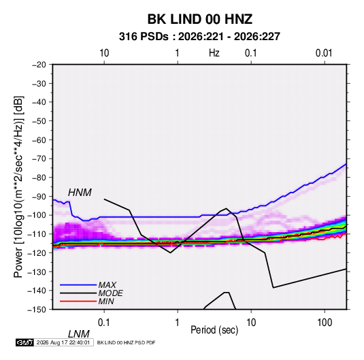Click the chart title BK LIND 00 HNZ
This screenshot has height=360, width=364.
pyautogui.click(x=200, y=19)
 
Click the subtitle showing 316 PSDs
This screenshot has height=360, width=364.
pyautogui.click(x=199, y=37)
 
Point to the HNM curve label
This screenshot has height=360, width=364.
pyautogui.click(x=80, y=193)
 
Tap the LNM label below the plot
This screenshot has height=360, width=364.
pyautogui.click(x=78, y=334)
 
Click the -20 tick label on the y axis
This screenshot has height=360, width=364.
pyautogui.click(x=39, y=65)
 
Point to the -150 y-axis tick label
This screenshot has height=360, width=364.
pyautogui.click(x=37, y=310)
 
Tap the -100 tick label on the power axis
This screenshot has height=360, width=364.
pyautogui.click(x=37, y=215)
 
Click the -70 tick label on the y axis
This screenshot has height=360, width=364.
pyautogui.click(x=39, y=159)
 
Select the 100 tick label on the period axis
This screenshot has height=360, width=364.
pyautogui.click(x=325, y=322)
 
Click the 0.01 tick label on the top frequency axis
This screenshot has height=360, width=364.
pyautogui.click(x=324, y=53)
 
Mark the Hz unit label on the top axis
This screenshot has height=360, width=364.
pyautogui.click(x=214, y=53)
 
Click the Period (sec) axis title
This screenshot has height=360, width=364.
pyautogui.click(x=214, y=330)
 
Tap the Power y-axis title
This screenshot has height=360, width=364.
pyautogui.click(x=18, y=187)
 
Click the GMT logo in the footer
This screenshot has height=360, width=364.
pyautogui.click(x=24, y=342)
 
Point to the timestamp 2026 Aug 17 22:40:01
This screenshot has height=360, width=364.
pyautogui.click(x=63, y=342)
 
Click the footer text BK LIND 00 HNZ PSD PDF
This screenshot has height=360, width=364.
pyautogui.click(x=126, y=342)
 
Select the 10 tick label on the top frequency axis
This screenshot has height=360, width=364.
pyautogui.click(x=104, y=53)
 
